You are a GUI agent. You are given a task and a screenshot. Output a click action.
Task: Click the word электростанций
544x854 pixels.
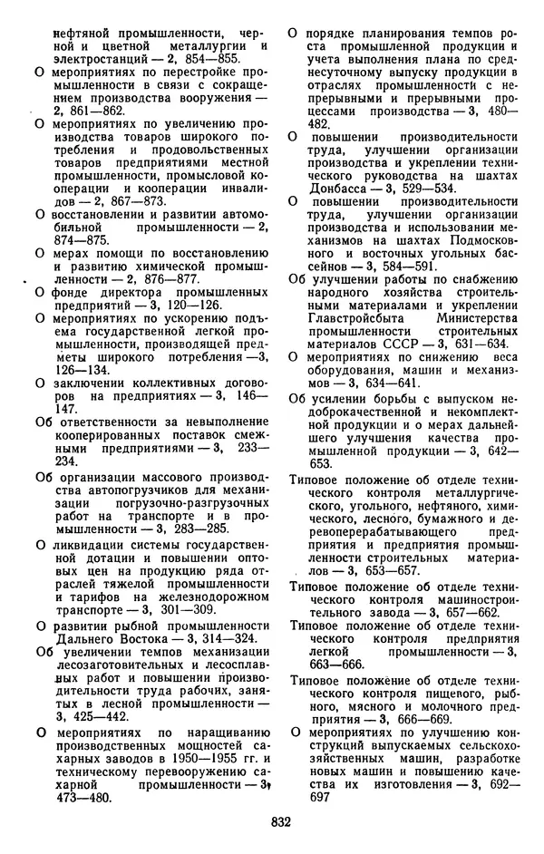(x=96, y=57)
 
